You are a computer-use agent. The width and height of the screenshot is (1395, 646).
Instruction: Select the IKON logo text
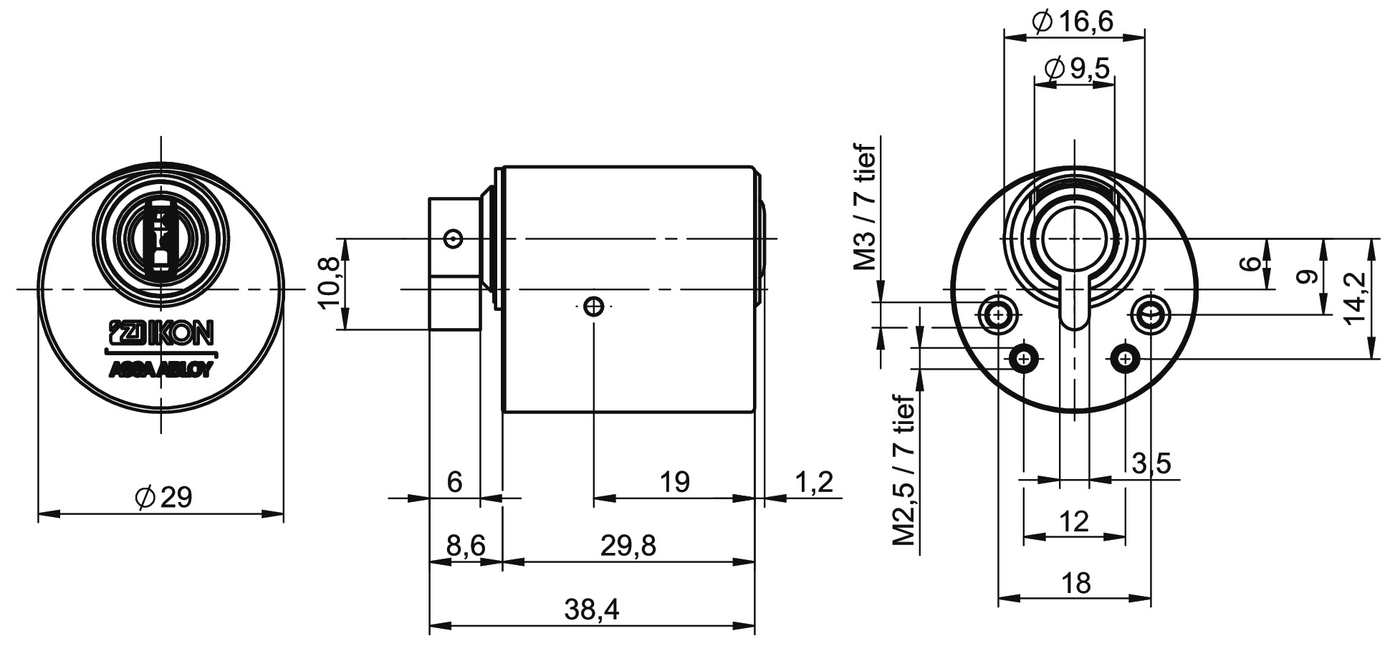click(160, 332)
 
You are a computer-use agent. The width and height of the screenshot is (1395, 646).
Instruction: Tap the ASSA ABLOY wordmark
click(160, 370)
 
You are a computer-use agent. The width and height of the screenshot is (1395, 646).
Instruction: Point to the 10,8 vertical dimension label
click(330, 284)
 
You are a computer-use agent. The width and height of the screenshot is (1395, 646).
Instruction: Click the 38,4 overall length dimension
click(591, 609)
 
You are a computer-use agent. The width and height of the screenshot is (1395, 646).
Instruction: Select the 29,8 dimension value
click(628, 546)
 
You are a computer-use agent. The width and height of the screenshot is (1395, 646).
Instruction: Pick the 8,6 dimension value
click(466, 546)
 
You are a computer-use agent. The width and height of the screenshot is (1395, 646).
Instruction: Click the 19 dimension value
click(674, 482)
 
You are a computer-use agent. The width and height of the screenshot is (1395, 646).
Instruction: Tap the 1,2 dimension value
click(814, 482)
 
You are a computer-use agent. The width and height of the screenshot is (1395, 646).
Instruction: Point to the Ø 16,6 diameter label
click(1073, 22)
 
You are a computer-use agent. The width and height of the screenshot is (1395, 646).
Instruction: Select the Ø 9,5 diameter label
click(1076, 69)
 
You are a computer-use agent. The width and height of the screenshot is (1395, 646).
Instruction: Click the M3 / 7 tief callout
click(866, 208)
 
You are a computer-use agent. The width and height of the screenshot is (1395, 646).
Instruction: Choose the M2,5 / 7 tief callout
click(904, 471)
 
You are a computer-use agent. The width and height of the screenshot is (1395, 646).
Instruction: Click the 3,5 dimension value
click(1151, 463)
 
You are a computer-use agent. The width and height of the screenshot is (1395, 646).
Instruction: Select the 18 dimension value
click(1076, 583)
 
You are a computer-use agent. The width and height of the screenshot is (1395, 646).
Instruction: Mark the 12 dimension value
click(1074, 521)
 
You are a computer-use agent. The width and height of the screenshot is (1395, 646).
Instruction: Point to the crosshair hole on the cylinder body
click(593, 307)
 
